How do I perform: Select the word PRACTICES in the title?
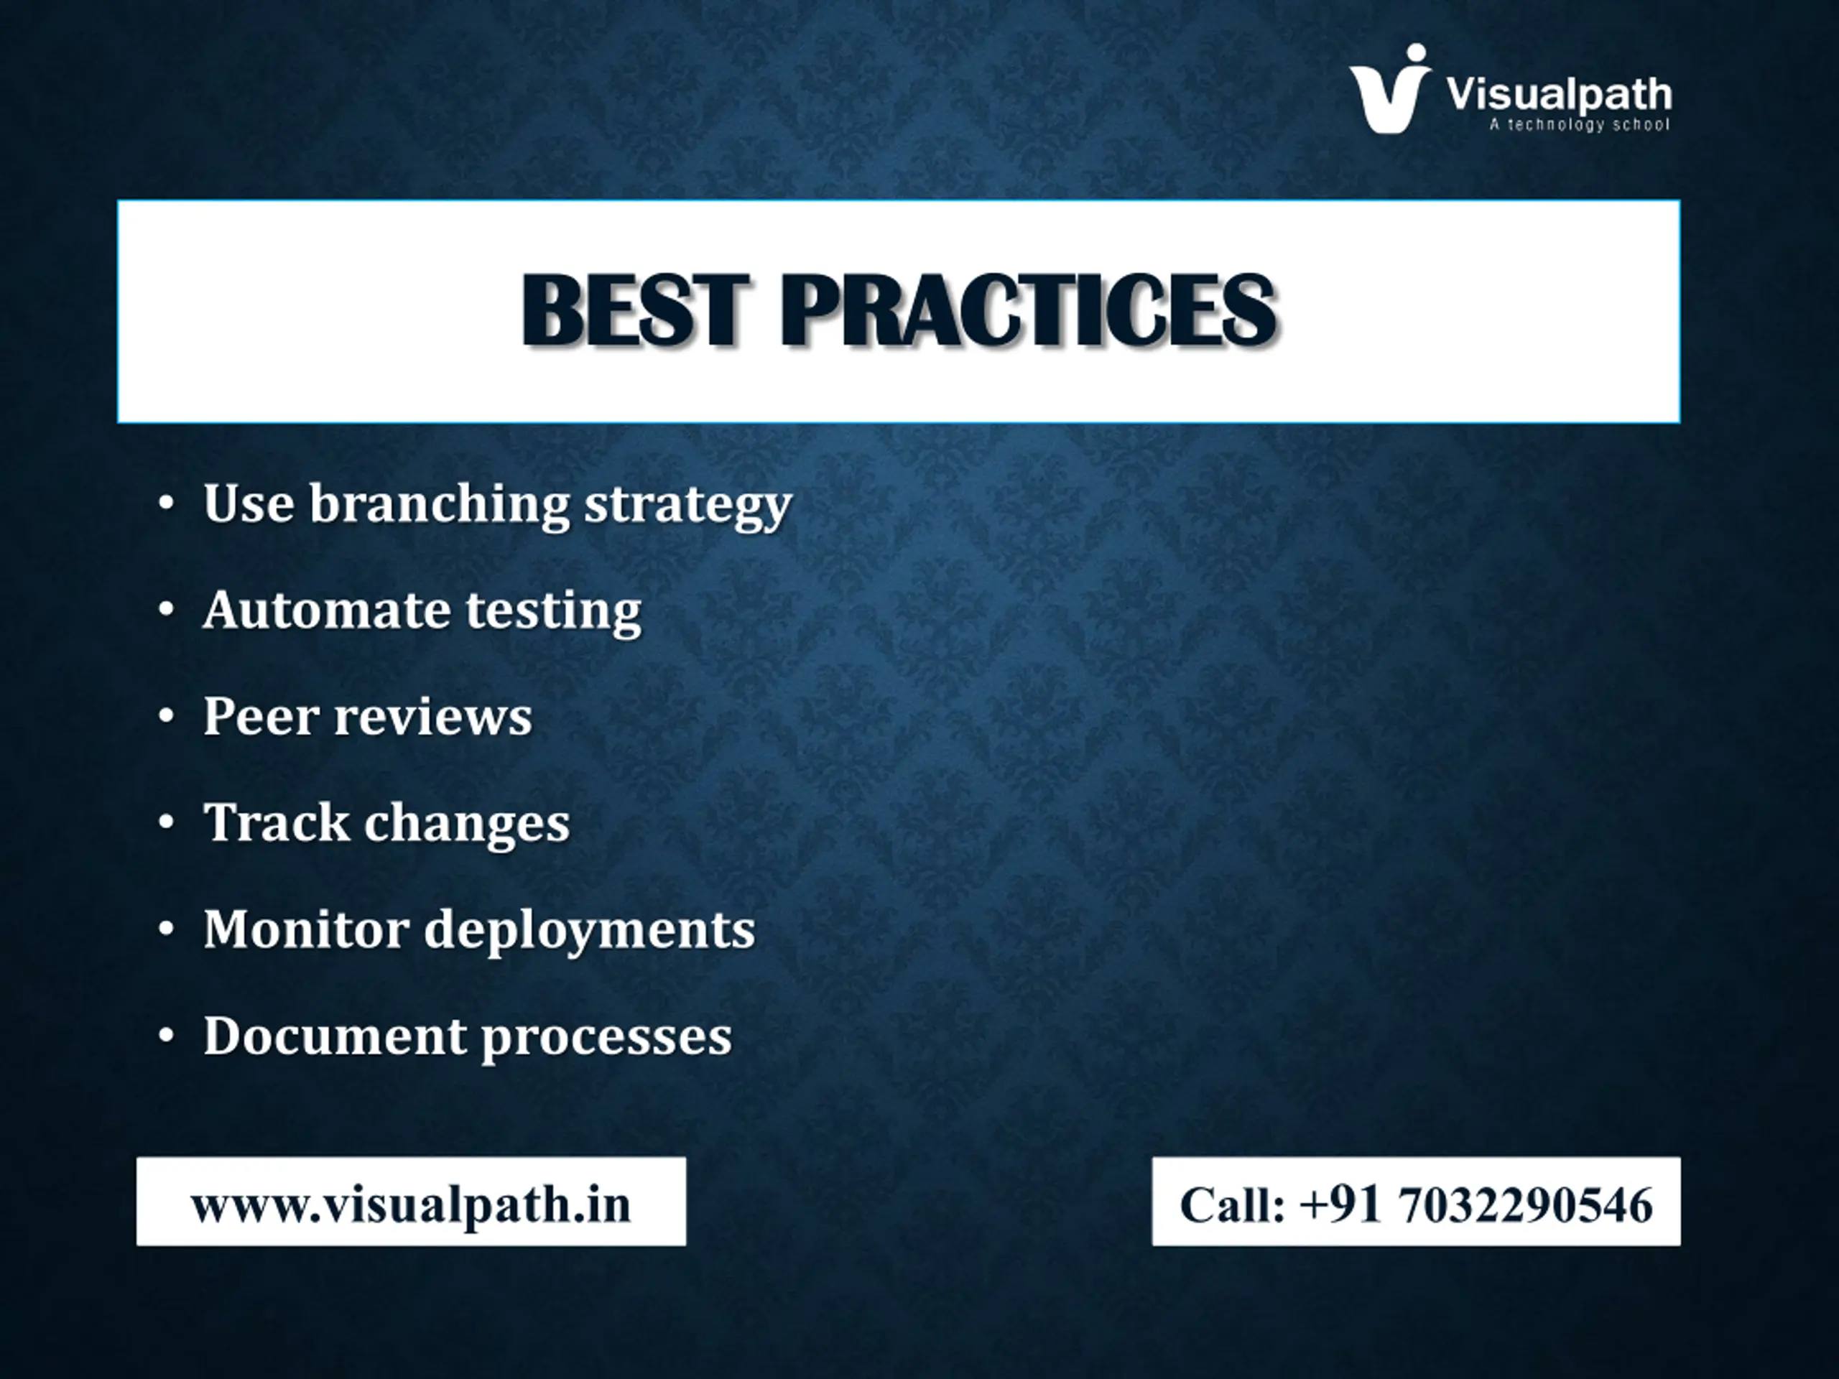1029,310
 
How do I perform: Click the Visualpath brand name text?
1559,95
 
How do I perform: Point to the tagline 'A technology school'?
1580,125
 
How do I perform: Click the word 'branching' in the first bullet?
440,504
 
